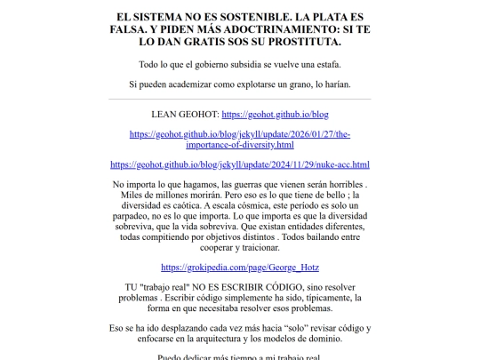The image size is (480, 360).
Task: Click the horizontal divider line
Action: coord(240,99)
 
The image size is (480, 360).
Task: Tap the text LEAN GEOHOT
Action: coord(185,115)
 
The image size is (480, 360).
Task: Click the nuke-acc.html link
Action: coord(240,164)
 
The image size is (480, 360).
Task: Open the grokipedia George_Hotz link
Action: coord(240,267)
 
